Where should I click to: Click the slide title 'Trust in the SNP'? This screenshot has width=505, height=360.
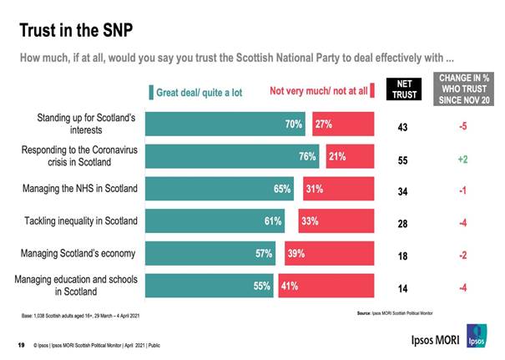click(x=76, y=30)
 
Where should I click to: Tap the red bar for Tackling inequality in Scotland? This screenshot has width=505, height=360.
click(x=338, y=221)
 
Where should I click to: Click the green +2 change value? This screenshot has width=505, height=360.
click(x=462, y=158)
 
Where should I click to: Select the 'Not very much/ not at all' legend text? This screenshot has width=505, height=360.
click(x=317, y=92)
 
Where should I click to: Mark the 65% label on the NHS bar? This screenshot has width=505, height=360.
click(x=282, y=189)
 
